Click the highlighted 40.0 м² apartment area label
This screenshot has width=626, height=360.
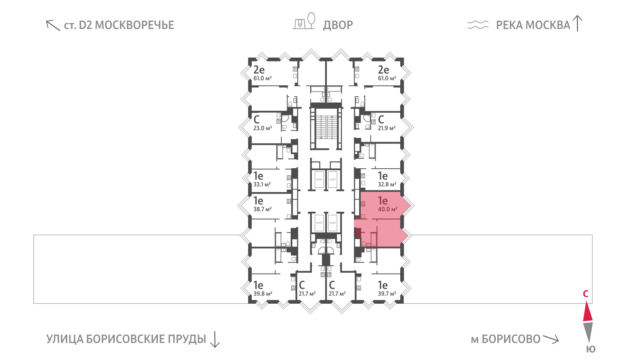point(387,209)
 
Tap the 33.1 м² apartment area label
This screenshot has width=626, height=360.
point(262,184)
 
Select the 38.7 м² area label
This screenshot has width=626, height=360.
point(262,209)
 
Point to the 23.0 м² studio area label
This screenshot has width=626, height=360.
point(262,128)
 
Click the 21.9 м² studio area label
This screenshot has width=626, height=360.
point(387,128)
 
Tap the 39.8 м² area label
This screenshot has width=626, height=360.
point(263,293)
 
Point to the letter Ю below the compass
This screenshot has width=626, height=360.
point(591,349)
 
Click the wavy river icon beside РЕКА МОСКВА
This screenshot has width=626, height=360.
point(478,25)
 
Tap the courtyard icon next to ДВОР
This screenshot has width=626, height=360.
point(304,21)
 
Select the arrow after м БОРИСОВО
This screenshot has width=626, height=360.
point(551,339)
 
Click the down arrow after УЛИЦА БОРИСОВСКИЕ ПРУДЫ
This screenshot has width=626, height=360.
point(215,339)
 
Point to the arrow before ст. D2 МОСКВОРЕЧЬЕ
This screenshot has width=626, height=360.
point(53,25)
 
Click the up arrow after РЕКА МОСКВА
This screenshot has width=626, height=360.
point(577,23)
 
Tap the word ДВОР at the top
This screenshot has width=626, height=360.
point(338,25)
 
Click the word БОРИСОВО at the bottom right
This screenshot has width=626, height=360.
point(511,339)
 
